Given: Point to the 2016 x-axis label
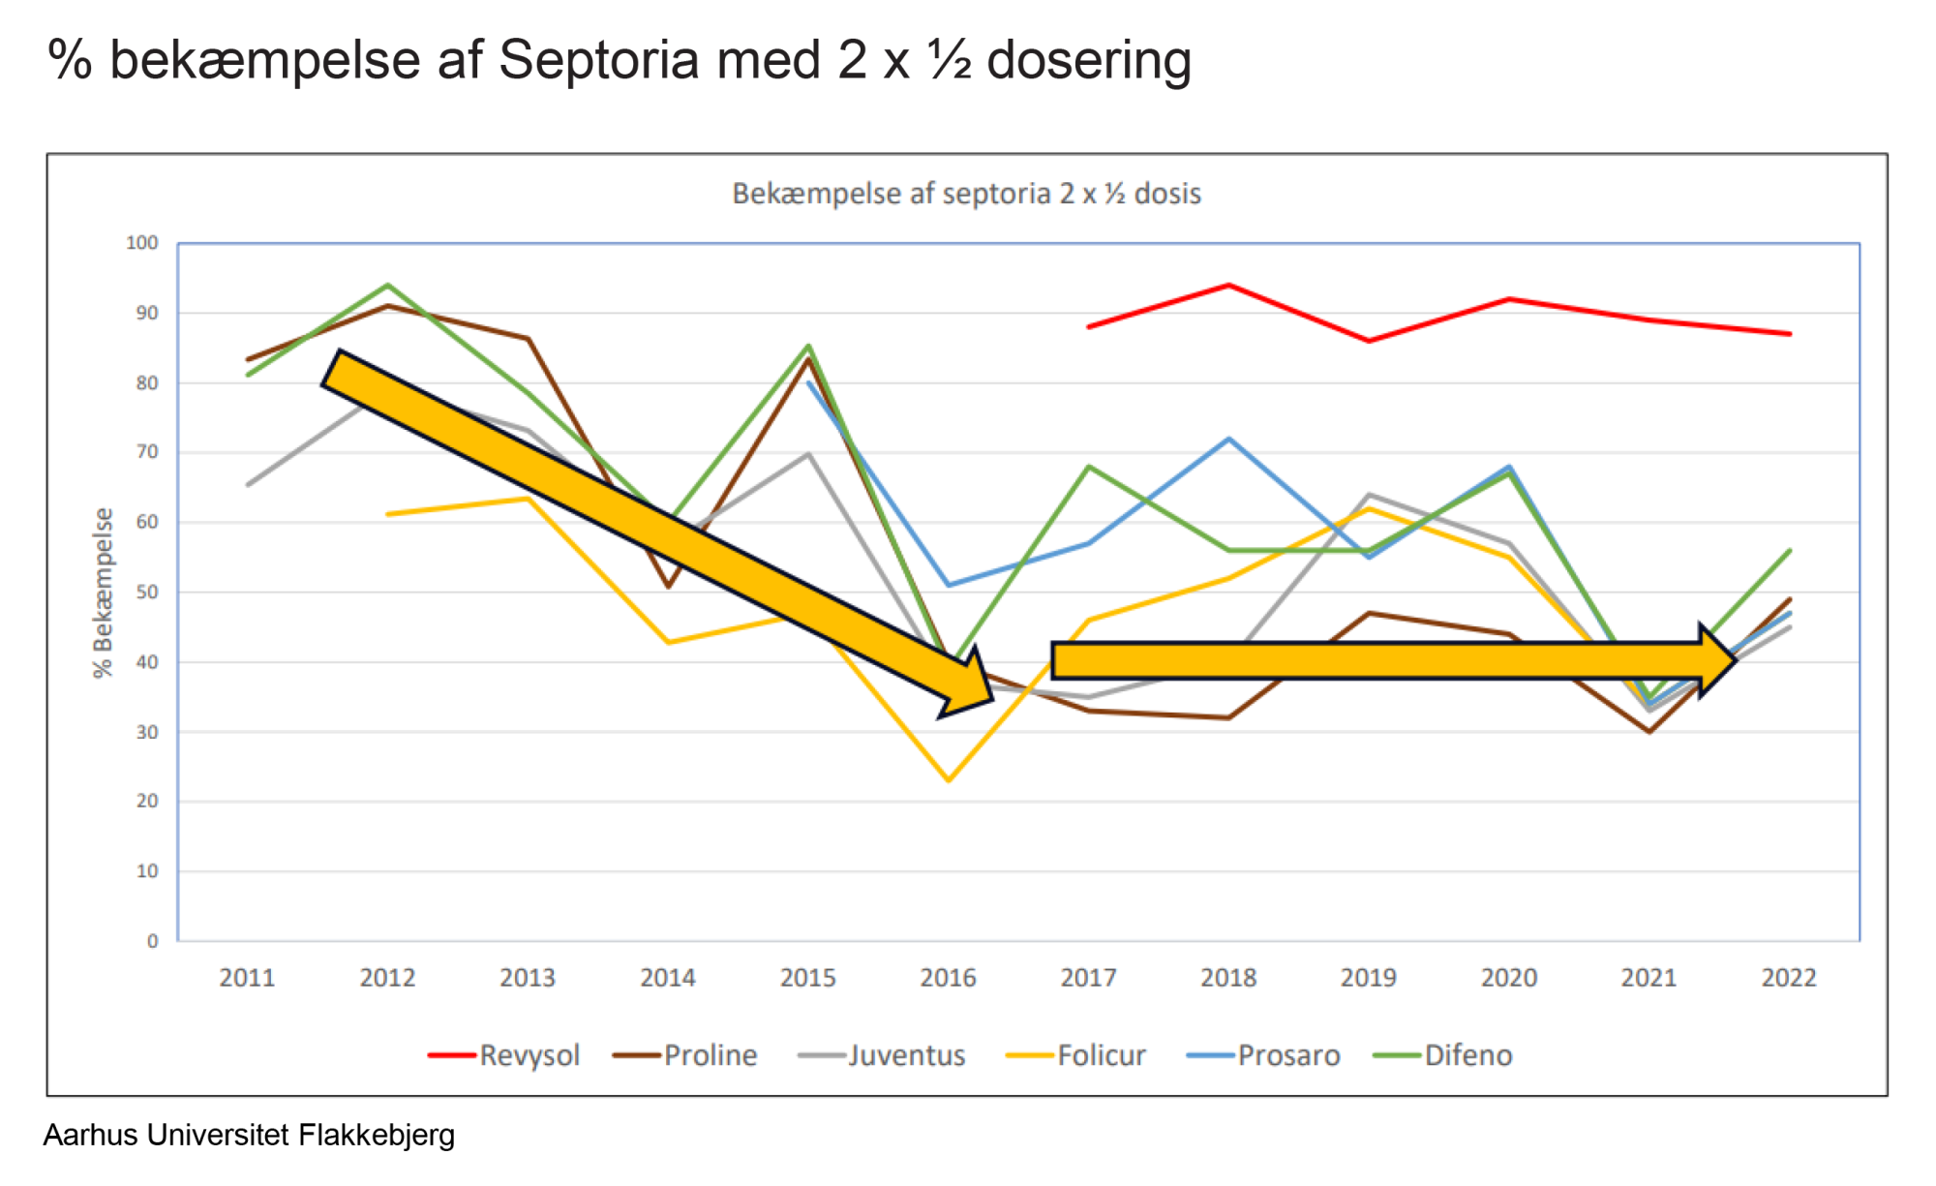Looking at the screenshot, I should click(948, 978).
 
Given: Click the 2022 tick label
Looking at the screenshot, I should click(1789, 978).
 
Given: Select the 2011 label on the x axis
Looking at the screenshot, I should click(247, 978).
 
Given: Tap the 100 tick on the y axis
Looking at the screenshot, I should click(142, 243).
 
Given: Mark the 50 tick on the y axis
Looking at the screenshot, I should click(147, 592).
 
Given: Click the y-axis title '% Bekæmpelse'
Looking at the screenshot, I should click(103, 593).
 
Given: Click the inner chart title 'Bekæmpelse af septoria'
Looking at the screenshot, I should click(966, 194).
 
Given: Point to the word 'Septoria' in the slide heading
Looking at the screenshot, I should click(598, 60).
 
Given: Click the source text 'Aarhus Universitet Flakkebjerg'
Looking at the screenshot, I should click(249, 1135).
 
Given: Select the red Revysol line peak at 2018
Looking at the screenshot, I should click(1228, 286).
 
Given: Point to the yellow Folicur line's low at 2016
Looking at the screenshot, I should click(949, 779).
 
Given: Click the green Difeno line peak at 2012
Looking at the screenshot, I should click(387, 286).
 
